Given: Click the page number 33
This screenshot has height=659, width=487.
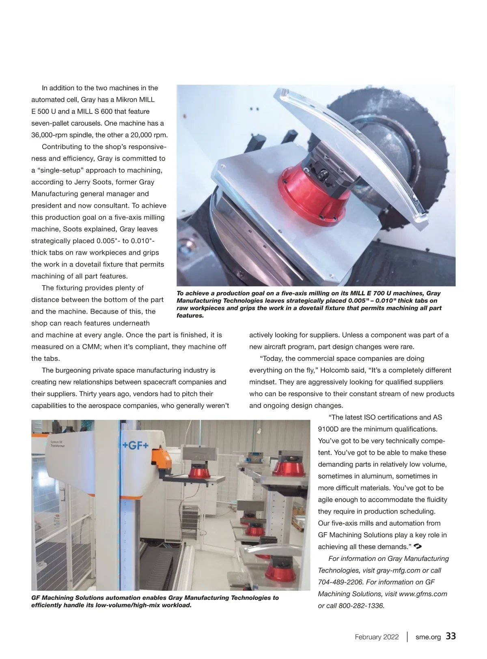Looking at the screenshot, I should click(450, 636).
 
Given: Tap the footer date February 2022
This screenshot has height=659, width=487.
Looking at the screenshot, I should click(377, 637).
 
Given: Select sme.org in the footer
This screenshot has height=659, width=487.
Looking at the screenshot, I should click(428, 637).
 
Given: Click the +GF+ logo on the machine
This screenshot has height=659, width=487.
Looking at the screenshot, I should click(136, 446).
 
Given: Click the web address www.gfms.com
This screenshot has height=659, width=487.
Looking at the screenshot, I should click(423, 594).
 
